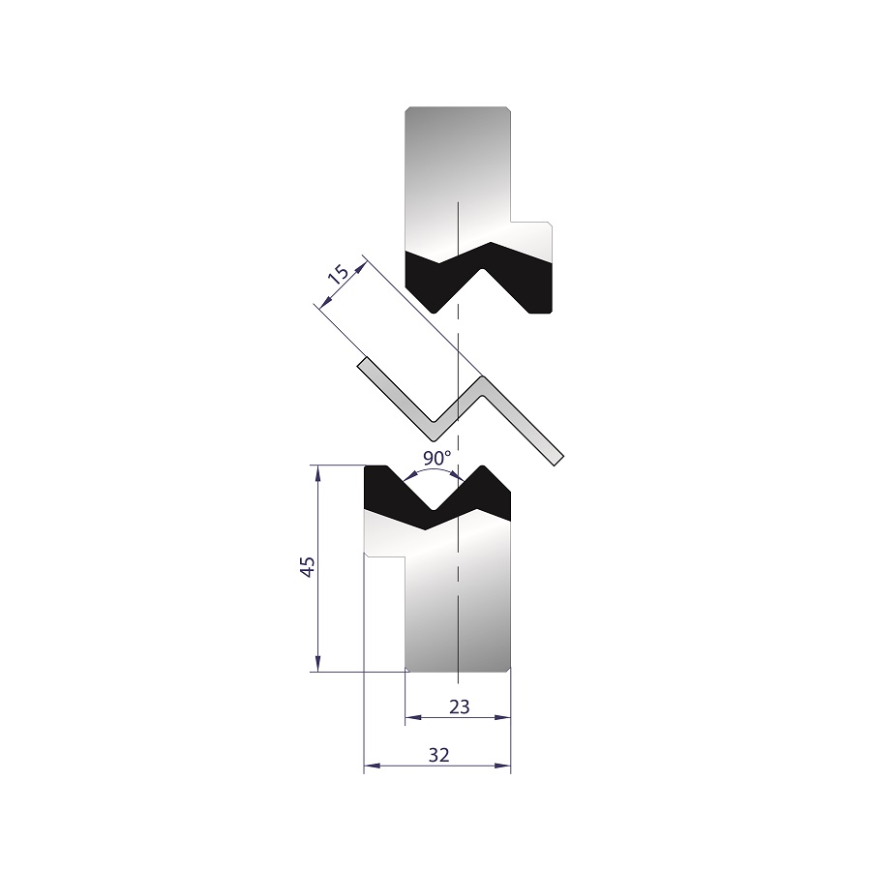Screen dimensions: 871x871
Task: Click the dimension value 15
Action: pos(339,276)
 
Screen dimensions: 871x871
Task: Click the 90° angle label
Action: pos(437,459)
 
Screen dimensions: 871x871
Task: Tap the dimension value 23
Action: pos(459,707)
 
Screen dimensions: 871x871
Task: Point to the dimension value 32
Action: pos(438,756)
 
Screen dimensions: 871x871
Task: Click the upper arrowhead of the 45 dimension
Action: pos(317,472)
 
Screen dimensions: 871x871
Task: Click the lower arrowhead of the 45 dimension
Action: pos(317,664)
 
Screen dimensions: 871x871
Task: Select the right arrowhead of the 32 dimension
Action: pos(502,767)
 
